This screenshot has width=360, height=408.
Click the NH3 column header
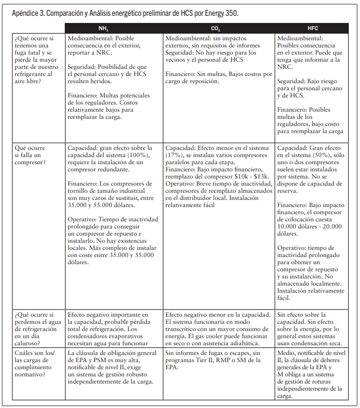[113, 28]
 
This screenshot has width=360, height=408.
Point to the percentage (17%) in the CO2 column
[174, 155]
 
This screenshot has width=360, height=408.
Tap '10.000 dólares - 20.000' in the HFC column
[309, 226]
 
